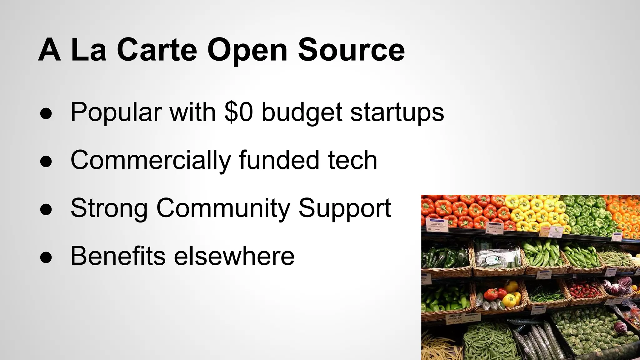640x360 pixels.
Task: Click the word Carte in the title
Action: pos(157,50)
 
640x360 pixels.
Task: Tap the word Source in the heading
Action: pos(351,50)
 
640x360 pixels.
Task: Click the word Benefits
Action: pos(118,256)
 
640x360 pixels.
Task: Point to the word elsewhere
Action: pos(234,256)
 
